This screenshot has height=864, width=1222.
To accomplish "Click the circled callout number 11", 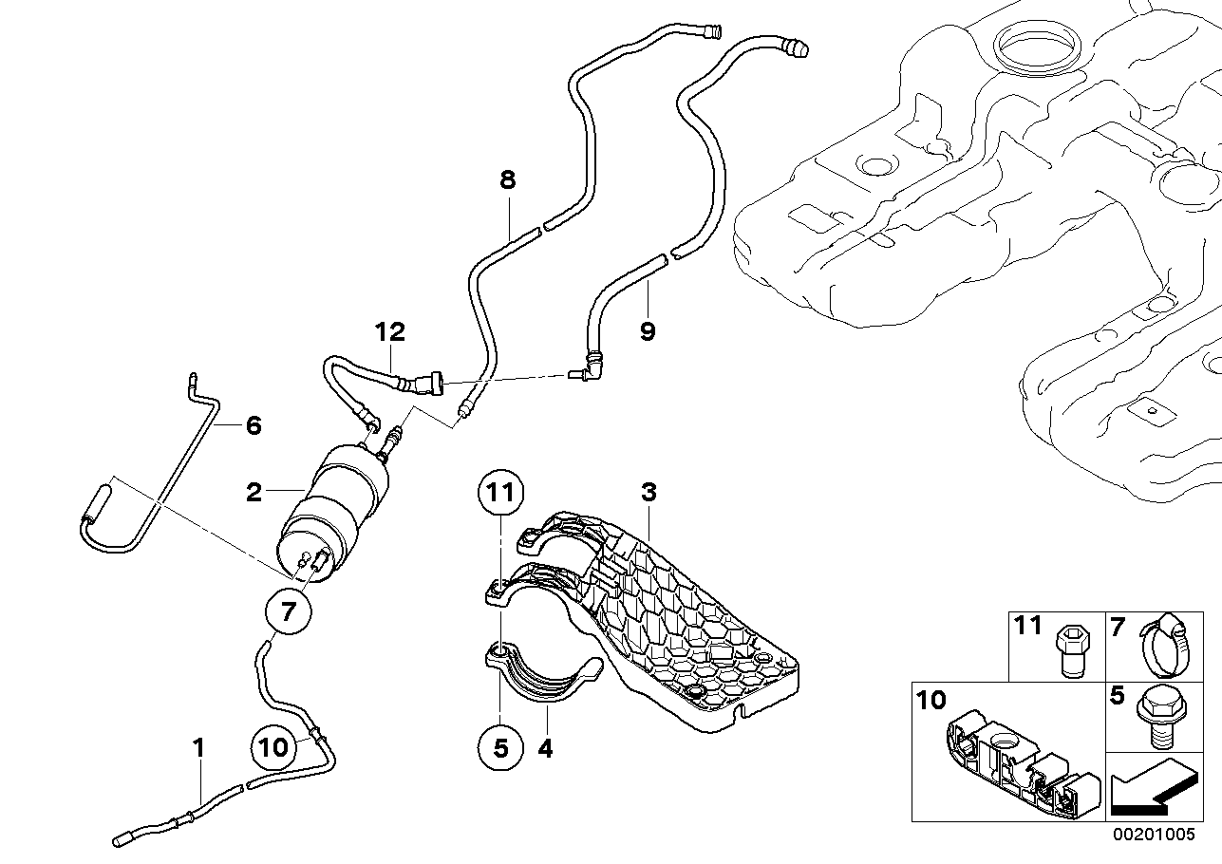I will [500, 493].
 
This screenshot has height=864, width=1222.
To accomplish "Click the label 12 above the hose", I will [389, 332].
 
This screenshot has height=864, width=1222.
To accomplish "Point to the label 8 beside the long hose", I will [508, 179].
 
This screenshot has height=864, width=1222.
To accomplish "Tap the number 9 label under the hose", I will [648, 332].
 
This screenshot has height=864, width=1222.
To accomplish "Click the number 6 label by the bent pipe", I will [253, 424].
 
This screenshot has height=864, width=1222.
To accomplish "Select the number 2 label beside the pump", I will [254, 493].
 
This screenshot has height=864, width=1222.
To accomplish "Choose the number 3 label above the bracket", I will [649, 493].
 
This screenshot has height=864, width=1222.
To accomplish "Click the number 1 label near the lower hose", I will [198, 748].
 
